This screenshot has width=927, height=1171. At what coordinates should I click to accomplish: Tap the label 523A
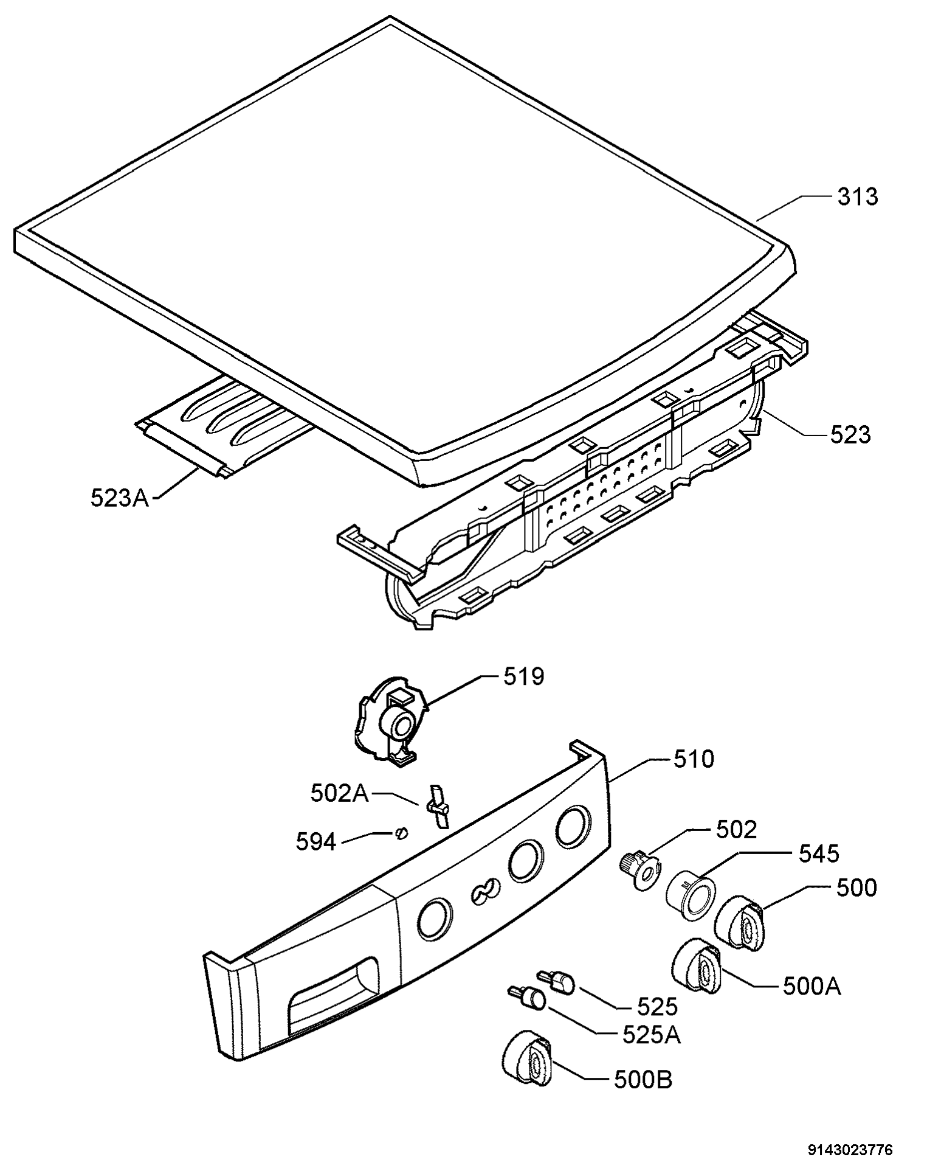click(x=120, y=498)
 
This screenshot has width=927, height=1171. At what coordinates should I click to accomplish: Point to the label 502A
click(x=340, y=793)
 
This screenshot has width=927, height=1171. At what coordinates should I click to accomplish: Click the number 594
click(x=316, y=842)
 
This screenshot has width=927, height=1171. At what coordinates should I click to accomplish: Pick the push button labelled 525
click(x=556, y=981)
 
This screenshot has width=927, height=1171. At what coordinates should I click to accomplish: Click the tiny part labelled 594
click(x=401, y=833)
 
